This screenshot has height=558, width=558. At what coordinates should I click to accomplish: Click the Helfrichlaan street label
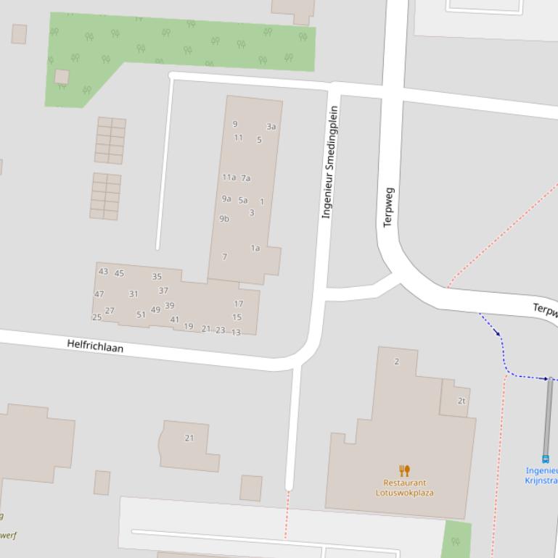click(x=95, y=346)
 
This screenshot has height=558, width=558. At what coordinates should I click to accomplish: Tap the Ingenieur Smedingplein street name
click(x=329, y=162)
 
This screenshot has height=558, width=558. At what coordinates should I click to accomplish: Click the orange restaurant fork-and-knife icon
click(x=405, y=470)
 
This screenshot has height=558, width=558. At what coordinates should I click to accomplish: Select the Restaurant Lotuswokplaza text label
click(x=405, y=488)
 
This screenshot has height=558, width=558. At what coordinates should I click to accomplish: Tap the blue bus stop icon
click(x=546, y=459)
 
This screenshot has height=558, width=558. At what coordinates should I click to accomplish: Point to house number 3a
click(x=271, y=127)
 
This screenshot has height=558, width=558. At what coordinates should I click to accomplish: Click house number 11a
click(x=229, y=178)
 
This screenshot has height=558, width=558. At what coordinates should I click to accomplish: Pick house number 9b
click(x=224, y=219)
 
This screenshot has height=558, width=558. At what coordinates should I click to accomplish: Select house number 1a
click(x=255, y=249)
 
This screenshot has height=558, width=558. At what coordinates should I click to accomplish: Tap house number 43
click(x=103, y=272)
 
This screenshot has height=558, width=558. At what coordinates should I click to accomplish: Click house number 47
click(x=99, y=294)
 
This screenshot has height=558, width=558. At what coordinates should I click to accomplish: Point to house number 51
click(x=141, y=315)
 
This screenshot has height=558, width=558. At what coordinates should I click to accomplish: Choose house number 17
click(x=238, y=304)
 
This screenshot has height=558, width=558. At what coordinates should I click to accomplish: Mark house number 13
click(x=236, y=333)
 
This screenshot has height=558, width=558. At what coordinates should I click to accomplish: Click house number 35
click(x=157, y=277)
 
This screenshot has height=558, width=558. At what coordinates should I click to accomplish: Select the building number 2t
click(x=461, y=401)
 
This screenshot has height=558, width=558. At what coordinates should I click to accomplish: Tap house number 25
click(x=97, y=317)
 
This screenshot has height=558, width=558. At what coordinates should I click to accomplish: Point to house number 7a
click(x=246, y=178)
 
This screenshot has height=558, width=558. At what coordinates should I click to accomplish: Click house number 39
click(x=169, y=306)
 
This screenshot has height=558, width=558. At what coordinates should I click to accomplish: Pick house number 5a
click(x=243, y=201)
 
